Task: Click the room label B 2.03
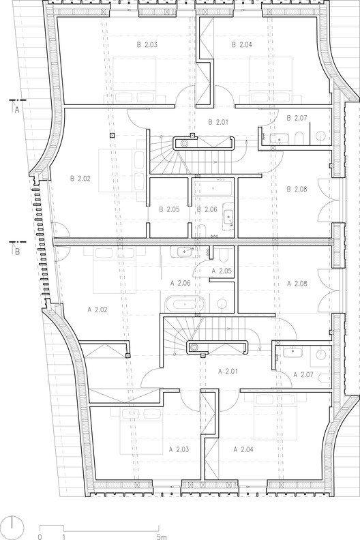[147, 45]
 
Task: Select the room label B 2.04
[242, 45]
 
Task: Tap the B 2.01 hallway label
[219, 123]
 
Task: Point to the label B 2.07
[297, 118]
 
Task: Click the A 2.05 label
[222, 271]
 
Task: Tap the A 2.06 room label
[179, 282]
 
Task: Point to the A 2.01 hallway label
[226, 372]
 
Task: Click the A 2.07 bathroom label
[303, 374]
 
